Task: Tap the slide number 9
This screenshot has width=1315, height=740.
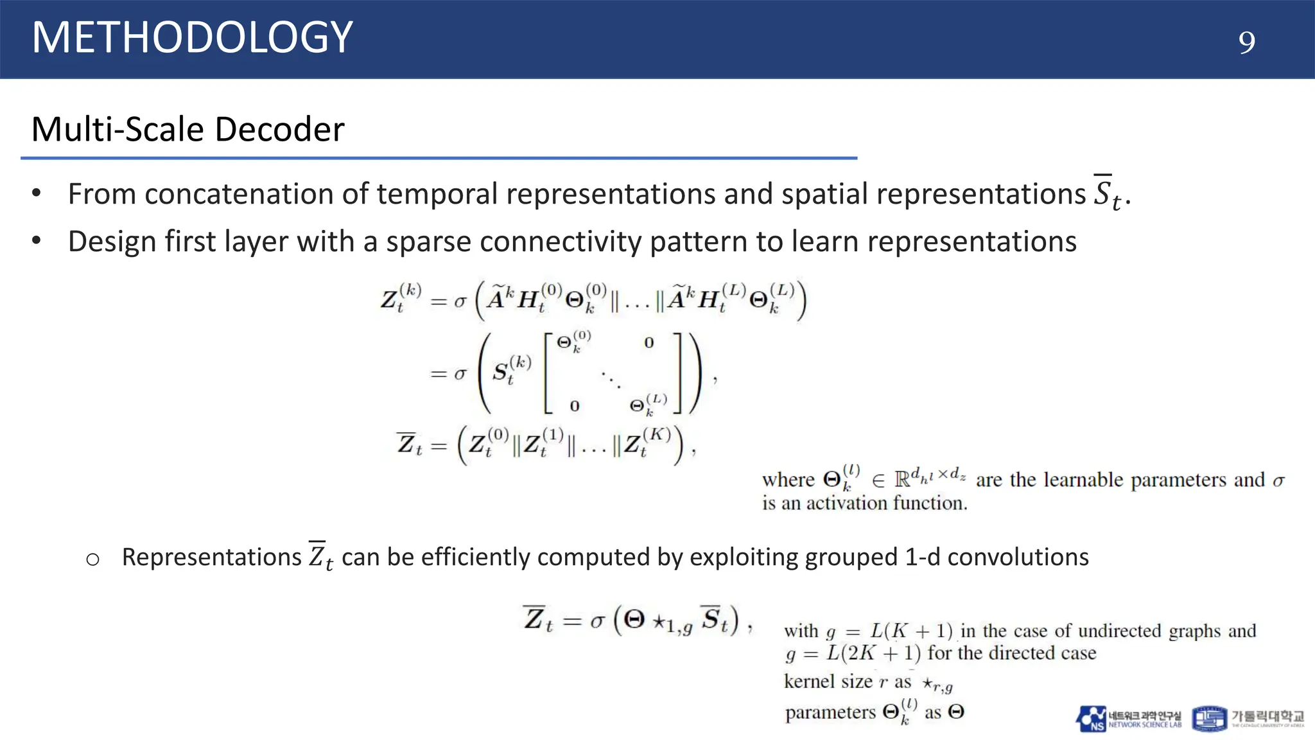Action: (x=1246, y=42)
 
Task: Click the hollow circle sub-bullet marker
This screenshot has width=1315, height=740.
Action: (x=92, y=559)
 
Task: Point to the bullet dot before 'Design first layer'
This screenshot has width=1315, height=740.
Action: (x=37, y=241)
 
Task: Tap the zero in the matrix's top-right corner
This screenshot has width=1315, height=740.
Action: (x=649, y=343)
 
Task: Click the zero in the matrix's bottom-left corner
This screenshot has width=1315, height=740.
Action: (x=575, y=406)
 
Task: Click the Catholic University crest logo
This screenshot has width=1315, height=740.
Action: (x=1209, y=719)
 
